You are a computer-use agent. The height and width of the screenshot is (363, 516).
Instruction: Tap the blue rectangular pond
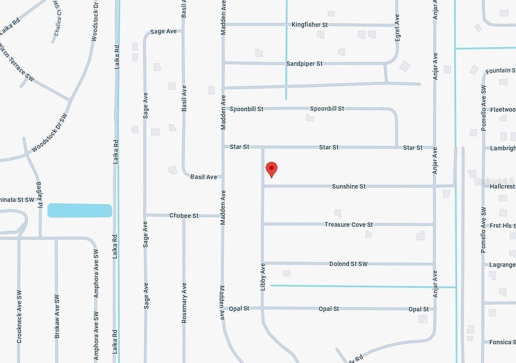[x=80, y=210]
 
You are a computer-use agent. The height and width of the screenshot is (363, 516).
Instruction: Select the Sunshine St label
[x=348, y=186]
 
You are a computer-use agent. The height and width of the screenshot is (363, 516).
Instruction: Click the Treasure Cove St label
[x=348, y=225]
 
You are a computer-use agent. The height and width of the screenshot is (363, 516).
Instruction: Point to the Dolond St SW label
[x=348, y=264]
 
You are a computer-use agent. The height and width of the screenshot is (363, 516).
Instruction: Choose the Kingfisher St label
[x=310, y=25]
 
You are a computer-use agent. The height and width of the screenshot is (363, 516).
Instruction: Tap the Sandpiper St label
[x=304, y=64]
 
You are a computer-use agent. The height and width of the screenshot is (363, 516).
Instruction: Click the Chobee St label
[x=184, y=216]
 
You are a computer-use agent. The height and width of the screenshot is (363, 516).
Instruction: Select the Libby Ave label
[x=263, y=277]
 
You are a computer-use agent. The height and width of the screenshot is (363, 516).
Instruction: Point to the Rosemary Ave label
[x=184, y=302]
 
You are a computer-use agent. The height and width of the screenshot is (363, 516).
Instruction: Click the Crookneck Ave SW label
[x=19, y=316]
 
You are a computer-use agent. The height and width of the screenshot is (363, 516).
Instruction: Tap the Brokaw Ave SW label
[x=57, y=316]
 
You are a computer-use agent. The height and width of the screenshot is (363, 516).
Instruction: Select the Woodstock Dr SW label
[x=50, y=132]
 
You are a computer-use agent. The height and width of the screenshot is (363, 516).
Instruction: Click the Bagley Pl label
[x=39, y=194]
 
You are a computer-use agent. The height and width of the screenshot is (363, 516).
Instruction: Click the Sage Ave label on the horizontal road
[x=164, y=32]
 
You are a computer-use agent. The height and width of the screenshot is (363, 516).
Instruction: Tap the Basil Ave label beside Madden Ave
[x=204, y=177]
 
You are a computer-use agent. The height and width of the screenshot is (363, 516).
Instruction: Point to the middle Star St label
[x=329, y=147]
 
